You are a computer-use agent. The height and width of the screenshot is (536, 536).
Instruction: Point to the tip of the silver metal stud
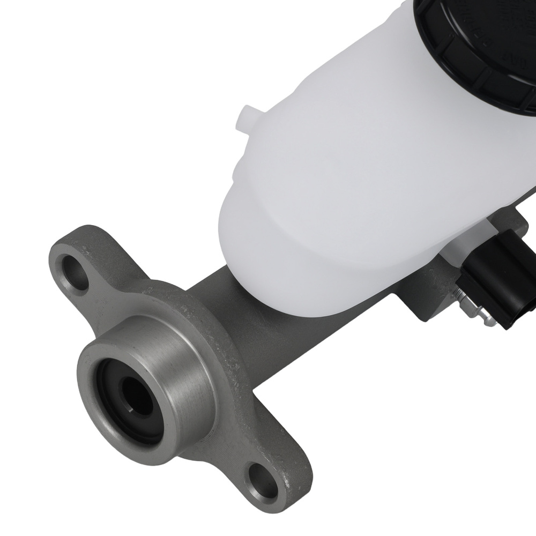pos(489,322)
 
